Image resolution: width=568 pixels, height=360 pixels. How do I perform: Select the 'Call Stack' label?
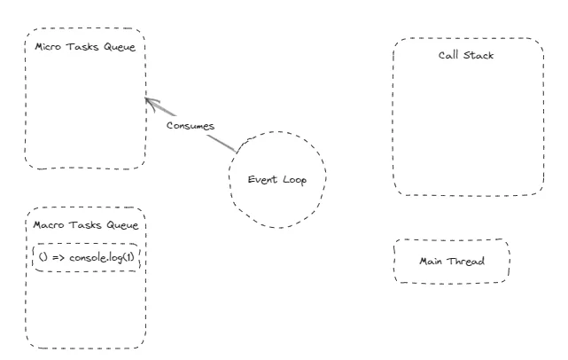[466, 56]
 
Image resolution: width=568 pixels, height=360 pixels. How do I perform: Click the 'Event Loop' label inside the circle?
[277, 180]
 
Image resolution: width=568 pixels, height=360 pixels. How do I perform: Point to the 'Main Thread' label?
[452, 262]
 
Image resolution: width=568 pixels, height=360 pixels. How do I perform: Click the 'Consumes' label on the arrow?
[191, 126]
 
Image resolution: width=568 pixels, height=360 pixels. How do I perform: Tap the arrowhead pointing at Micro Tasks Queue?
[150, 101]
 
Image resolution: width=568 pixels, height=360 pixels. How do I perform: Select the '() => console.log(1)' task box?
[87, 257]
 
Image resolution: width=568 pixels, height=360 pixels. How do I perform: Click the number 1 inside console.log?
[134, 257]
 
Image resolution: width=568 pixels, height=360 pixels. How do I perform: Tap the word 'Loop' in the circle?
[293, 180]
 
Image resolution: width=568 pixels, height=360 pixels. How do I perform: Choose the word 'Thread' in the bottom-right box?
[465, 262]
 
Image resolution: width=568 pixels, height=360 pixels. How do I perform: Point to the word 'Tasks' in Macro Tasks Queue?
[85, 225]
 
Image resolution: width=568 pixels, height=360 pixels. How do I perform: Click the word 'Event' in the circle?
[262, 180]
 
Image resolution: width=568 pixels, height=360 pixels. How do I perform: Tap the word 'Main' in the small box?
[431, 262]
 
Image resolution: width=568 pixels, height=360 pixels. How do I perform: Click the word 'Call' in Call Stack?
[448, 56]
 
